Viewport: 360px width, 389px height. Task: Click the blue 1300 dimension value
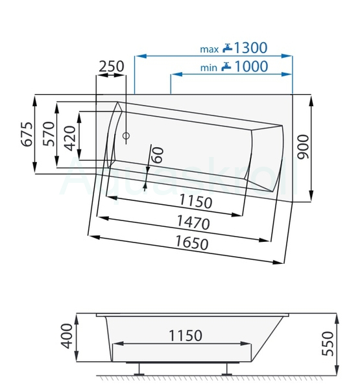click(251, 47)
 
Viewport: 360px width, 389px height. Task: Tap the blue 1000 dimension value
click(251, 66)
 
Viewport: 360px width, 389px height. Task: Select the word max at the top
click(210, 49)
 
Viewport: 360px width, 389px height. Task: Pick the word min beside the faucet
click(209, 67)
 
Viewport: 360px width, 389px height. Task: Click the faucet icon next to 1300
click(227, 48)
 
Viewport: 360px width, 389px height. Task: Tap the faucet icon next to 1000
click(226, 67)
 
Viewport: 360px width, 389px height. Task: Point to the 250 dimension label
click(112, 66)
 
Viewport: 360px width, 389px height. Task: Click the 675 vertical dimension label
click(27, 134)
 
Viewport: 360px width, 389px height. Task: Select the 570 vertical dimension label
click(49, 134)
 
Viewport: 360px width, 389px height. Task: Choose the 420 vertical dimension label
click(69, 139)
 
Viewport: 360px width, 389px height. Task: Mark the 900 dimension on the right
click(303, 147)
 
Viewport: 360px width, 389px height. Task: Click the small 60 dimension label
click(158, 155)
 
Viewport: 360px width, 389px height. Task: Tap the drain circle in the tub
click(126, 136)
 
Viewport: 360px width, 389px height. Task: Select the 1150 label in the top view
click(196, 202)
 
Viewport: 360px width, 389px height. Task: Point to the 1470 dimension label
click(193, 222)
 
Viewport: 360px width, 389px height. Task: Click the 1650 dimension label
click(192, 242)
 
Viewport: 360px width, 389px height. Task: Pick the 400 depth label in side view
click(67, 336)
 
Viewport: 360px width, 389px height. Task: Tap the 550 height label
click(328, 344)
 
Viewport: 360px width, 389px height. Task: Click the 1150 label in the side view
click(186, 335)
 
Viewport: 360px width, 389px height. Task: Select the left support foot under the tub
click(139, 370)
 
